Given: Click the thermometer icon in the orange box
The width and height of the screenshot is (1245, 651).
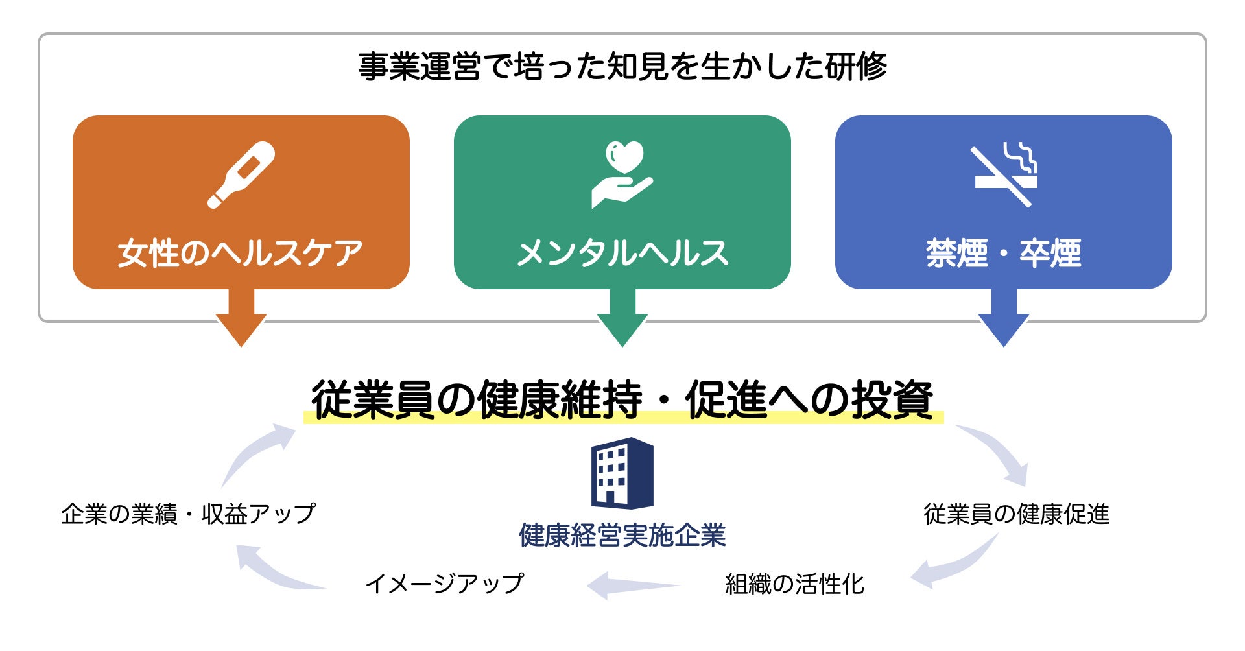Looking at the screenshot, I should tap(241, 174).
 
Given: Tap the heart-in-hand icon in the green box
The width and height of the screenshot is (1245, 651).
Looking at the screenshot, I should tap(622, 174).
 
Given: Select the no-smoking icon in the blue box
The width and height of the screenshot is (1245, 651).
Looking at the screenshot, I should tap(1004, 174).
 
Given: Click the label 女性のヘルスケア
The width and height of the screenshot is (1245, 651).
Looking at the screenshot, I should tap(241, 253).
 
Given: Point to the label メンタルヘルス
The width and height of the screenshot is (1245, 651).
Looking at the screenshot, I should tap(622, 253).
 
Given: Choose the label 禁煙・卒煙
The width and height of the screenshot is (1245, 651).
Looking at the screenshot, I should tap(1004, 253).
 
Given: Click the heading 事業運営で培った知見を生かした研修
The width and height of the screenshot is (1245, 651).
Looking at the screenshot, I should tap(622, 67).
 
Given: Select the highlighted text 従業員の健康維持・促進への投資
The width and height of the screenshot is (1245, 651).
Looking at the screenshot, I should tap(622, 399).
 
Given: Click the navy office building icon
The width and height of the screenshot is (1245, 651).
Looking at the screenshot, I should tap(622, 473).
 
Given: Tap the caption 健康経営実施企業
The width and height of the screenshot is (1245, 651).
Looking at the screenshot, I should tap(622, 536).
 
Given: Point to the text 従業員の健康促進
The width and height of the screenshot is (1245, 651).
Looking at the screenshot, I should tap(1016, 514).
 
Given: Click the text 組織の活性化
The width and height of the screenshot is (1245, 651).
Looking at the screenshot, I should tap(794, 584).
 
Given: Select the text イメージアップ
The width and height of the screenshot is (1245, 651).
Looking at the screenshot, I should tap(444, 584).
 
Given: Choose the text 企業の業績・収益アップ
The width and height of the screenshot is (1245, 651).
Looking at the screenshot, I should tap(189, 514).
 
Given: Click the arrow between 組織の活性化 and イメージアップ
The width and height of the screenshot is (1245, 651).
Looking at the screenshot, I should tap(632, 585).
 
